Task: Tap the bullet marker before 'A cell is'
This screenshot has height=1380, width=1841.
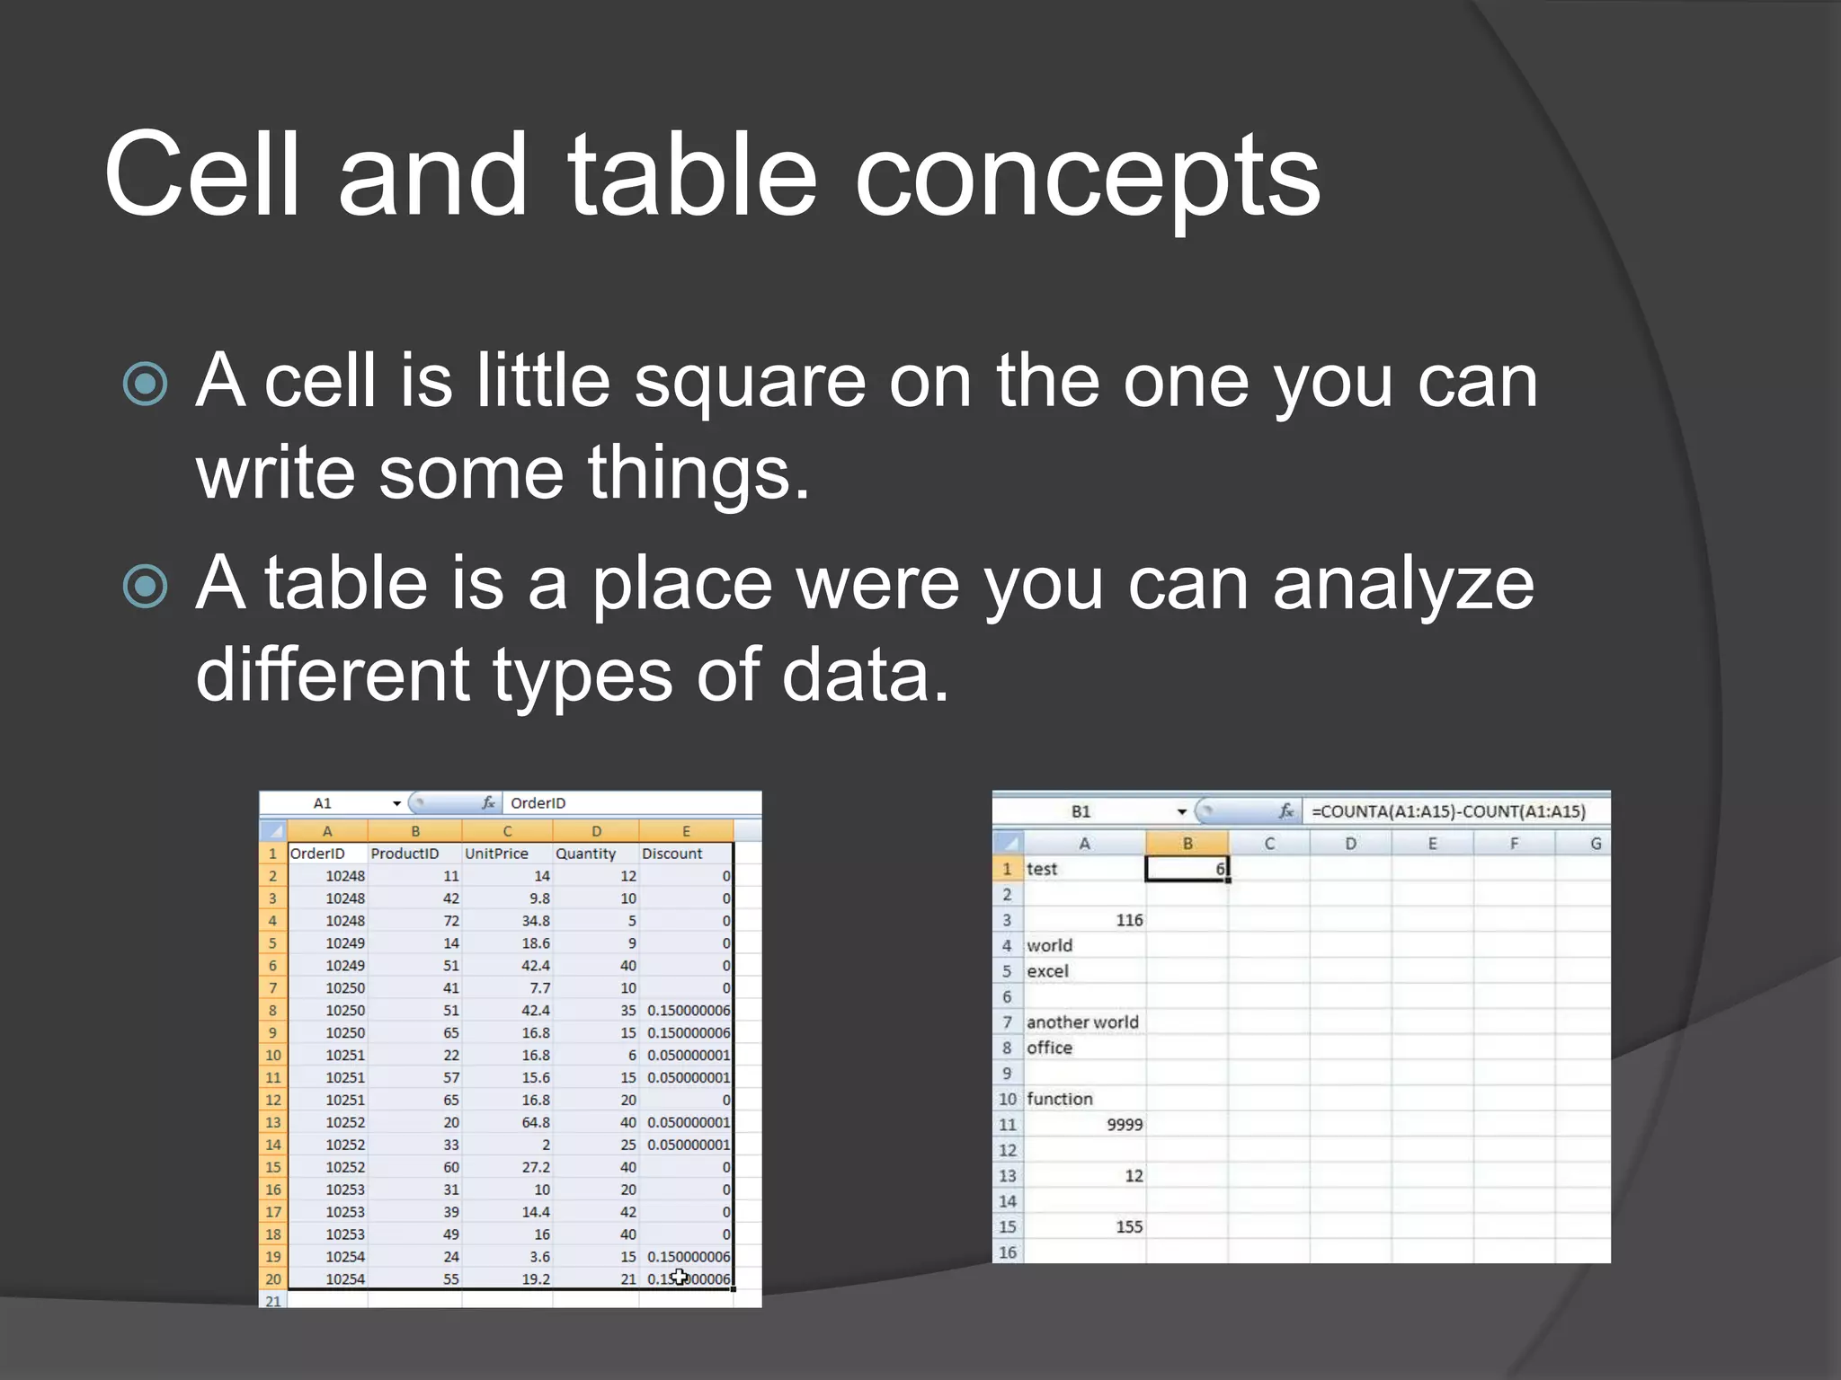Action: coord(146,385)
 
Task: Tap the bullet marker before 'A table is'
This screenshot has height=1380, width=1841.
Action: coord(146,587)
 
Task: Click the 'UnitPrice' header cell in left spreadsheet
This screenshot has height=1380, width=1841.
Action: coord(497,854)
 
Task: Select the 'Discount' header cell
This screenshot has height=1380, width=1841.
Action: coord(672,854)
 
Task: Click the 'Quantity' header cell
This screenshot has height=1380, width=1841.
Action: coord(586,854)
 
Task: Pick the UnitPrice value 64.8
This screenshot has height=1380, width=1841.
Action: coord(536,1122)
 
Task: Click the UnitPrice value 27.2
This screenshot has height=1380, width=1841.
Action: coord(536,1167)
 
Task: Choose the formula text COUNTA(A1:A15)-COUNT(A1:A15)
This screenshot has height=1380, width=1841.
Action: coord(1448,811)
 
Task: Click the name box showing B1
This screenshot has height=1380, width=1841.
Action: coord(1081,811)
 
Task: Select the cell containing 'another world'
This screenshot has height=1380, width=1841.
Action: coord(1083,1022)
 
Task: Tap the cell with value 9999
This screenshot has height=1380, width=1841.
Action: coord(1124,1125)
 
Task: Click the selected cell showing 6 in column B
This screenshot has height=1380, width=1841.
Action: coord(1187,869)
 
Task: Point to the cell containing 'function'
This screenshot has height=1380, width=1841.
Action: coord(1061,1099)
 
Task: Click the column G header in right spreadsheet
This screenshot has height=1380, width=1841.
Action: coord(1595,844)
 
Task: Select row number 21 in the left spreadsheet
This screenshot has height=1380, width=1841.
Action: coord(273,1301)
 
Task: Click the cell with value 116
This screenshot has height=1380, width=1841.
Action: coord(1128,920)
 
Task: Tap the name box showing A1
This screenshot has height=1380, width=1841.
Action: coord(324,803)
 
